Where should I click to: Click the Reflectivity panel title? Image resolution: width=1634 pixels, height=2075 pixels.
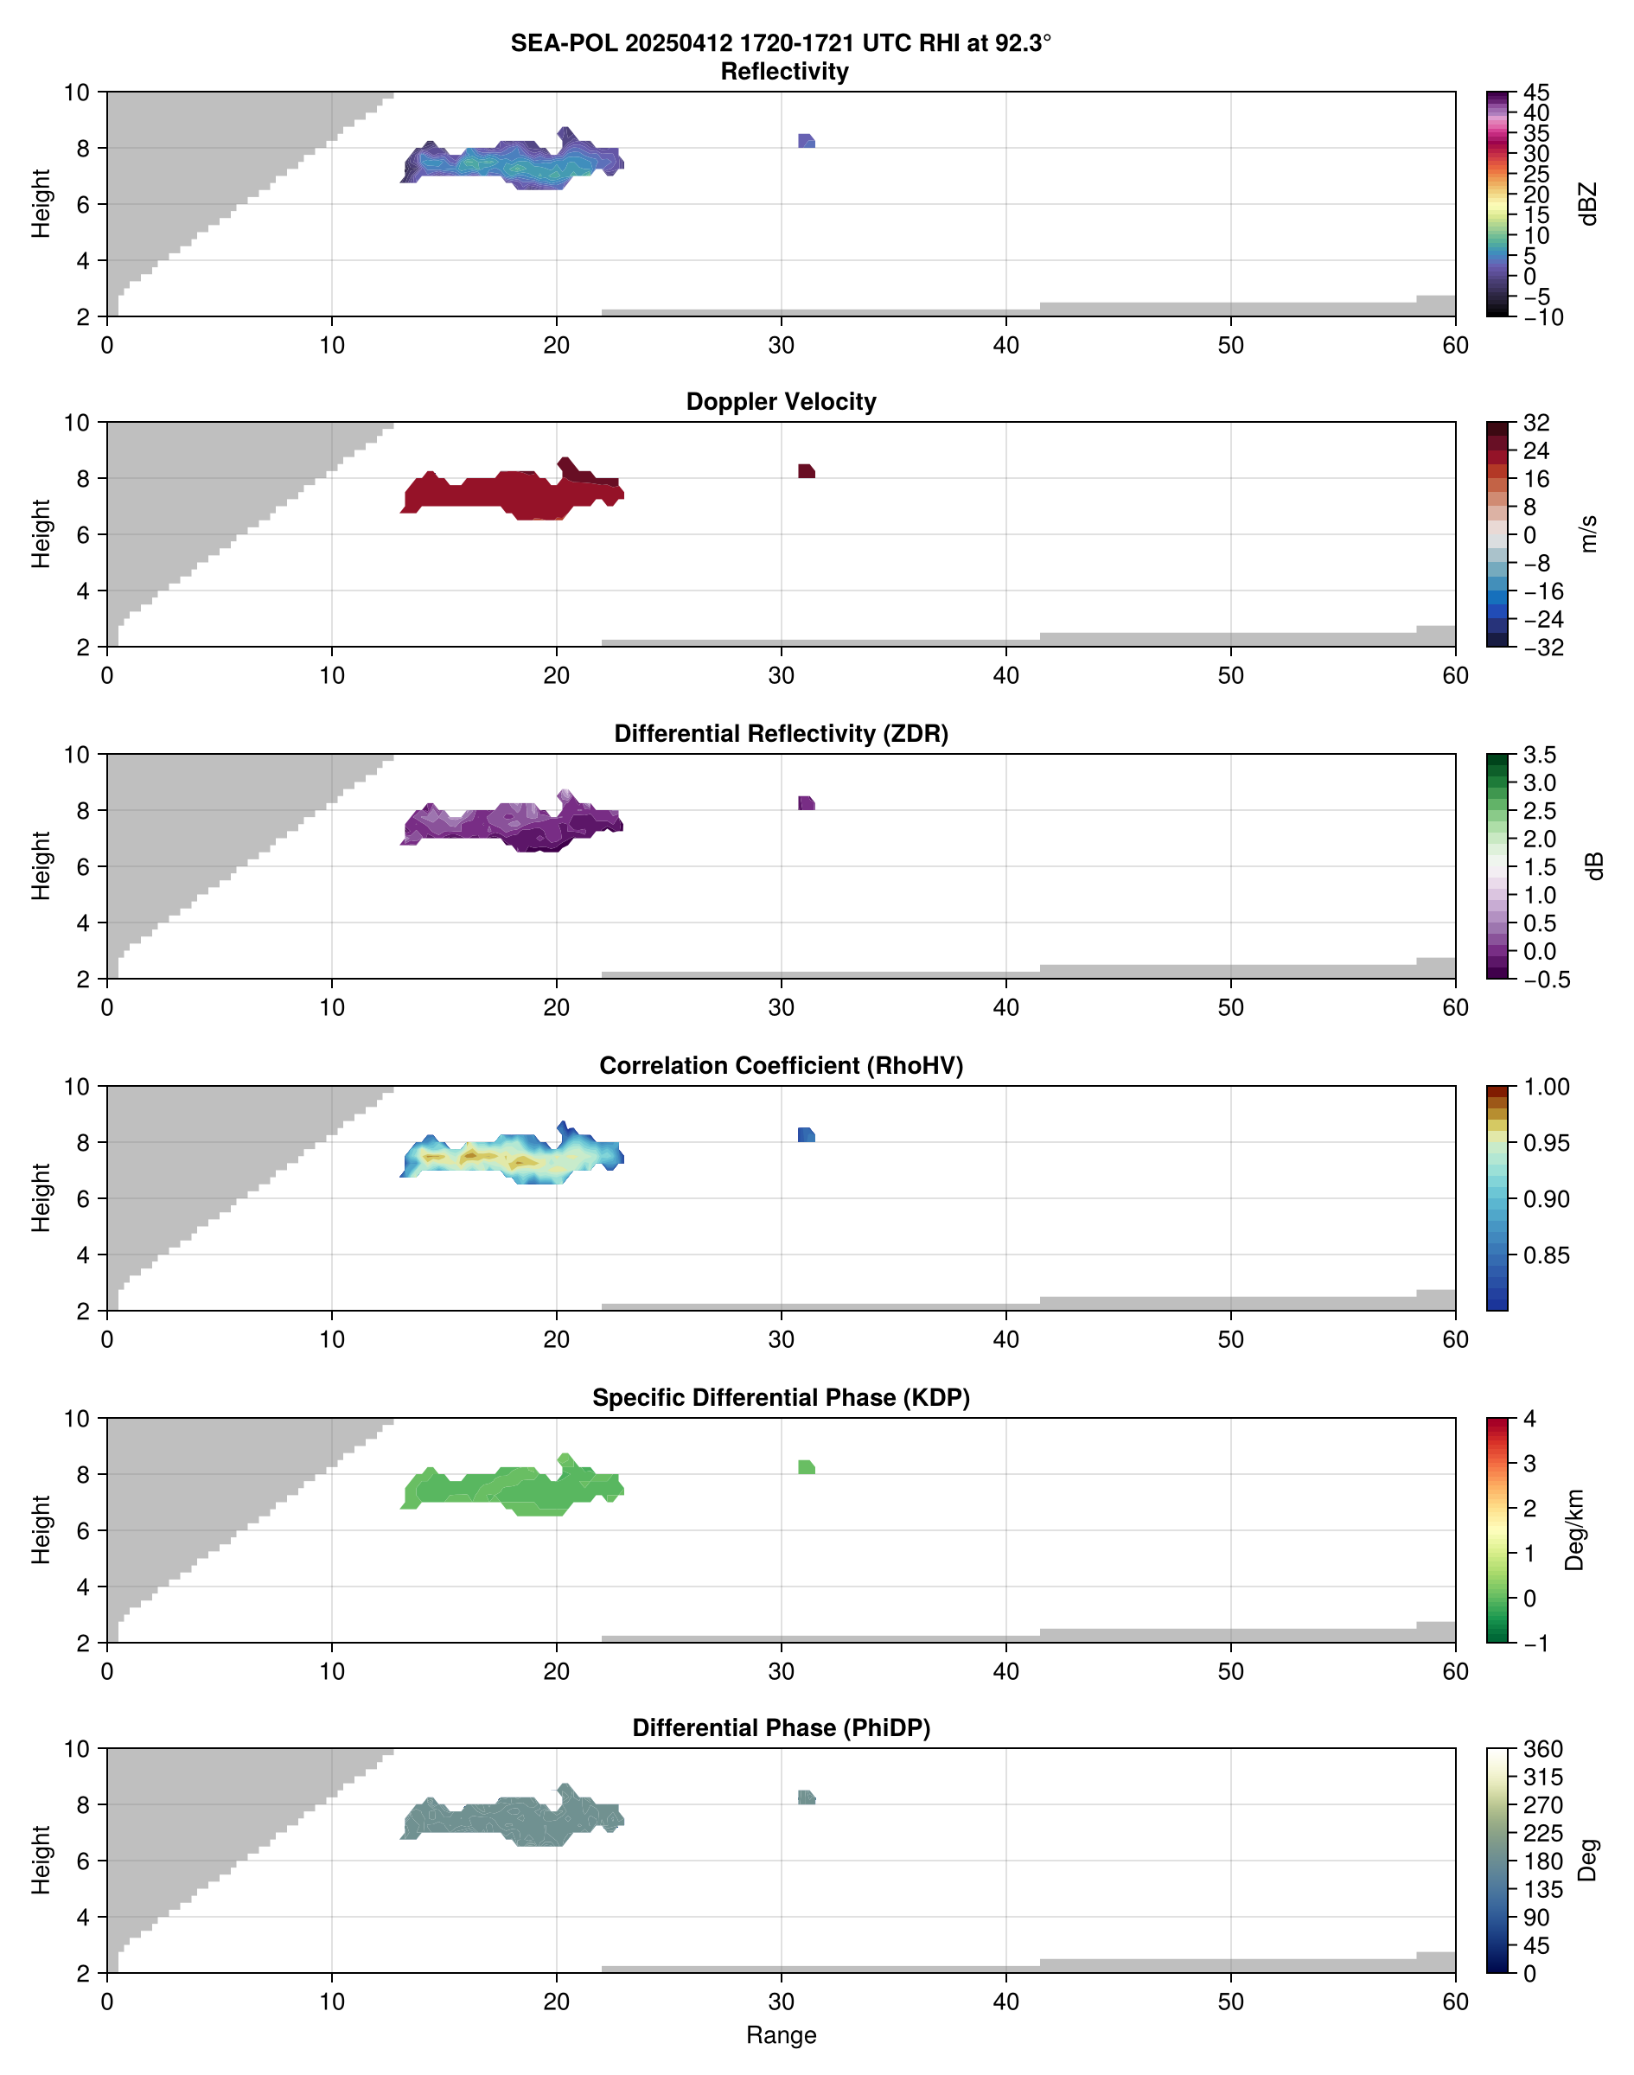click(x=783, y=72)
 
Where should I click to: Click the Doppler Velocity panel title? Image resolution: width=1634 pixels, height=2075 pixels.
click(x=781, y=402)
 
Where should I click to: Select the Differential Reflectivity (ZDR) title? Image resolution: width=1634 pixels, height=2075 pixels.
click(x=781, y=734)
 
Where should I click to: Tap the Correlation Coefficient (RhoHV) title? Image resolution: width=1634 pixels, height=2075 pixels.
click(x=781, y=1066)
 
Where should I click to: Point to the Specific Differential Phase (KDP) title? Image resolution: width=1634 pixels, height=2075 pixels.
click(x=781, y=1398)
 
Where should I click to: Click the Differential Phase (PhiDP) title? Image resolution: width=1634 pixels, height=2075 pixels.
click(x=781, y=1727)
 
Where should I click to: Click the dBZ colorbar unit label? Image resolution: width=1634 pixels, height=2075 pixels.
click(x=1589, y=204)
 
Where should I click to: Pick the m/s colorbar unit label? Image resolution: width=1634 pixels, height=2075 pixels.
click(x=1589, y=533)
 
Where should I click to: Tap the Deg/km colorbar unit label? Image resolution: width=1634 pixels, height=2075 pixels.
click(x=1574, y=1529)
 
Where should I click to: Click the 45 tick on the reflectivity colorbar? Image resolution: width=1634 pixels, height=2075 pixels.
click(x=1535, y=93)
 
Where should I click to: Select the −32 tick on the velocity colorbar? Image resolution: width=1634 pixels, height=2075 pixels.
click(x=1541, y=648)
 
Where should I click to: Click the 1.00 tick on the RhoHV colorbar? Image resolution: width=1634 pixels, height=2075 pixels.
click(x=1545, y=1087)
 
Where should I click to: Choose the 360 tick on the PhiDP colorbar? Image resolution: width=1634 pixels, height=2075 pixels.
click(x=1542, y=1750)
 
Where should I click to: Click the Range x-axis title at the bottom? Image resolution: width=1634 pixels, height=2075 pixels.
click(x=781, y=2035)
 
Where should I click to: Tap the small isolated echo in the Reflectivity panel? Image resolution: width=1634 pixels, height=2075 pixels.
click(x=806, y=142)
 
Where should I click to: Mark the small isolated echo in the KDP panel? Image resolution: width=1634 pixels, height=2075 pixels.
click(x=806, y=1467)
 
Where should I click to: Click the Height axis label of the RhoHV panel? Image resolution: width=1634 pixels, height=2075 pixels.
click(x=40, y=1197)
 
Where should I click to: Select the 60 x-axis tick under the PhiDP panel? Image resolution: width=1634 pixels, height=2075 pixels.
click(x=1454, y=2002)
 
